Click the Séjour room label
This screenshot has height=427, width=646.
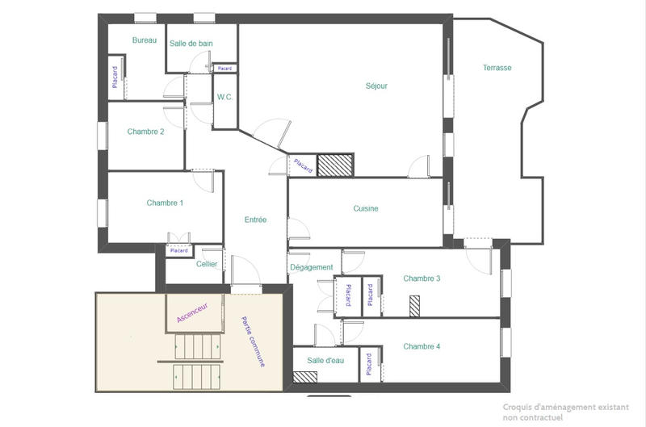pyautogui.click(x=376, y=86)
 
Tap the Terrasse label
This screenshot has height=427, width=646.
pyautogui.click(x=497, y=68)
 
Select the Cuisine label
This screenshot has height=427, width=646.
pyautogui.click(x=366, y=208)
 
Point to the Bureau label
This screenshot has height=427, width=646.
pyautogui.click(x=145, y=40)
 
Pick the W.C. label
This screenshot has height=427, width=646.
pyautogui.click(x=224, y=97)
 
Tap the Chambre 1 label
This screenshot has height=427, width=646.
pyautogui.click(x=165, y=203)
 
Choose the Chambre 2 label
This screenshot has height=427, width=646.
pyautogui.click(x=145, y=132)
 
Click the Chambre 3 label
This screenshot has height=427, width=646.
pyautogui.click(x=422, y=278)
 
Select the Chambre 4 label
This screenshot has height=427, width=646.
pyautogui.click(x=422, y=346)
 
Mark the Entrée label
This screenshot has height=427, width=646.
pyautogui.click(x=255, y=220)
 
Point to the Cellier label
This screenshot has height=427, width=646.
pyautogui.click(x=207, y=264)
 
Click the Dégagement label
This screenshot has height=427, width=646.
pyautogui.click(x=311, y=267)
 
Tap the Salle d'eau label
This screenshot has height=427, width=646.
pyautogui.click(x=326, y=360)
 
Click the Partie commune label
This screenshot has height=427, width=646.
pyautogui.click(x=253, y=342)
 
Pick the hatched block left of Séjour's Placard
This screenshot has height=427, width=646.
pyautogui.click(x=334, y=165)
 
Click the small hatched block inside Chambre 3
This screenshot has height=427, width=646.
pyautogui.click(x=415, y=308)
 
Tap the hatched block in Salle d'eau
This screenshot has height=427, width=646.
pyautogui.click(x=304, y=376)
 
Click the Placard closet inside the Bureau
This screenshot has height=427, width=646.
pyautogui.click(x=115, y=77)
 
